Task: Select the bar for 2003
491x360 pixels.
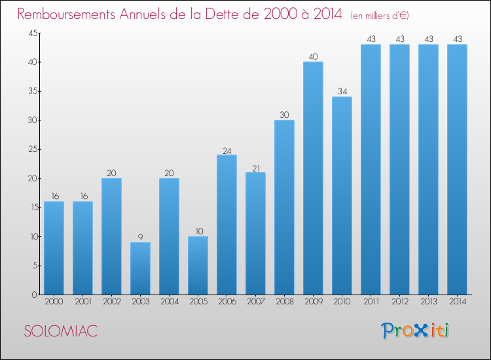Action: (140, 268)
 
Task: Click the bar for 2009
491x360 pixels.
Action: (313, 178)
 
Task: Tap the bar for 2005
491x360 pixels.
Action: (198, 265)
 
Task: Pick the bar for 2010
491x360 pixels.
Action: (342, 196)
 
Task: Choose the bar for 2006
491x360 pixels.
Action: (227, 225)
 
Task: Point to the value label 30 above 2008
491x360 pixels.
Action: (284, 115)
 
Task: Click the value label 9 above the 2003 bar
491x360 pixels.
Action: (140, 237)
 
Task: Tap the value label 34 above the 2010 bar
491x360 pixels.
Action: (342, 91)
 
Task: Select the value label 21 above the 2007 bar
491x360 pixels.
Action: (255, 167)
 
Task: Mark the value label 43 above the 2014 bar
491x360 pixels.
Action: (457, 39)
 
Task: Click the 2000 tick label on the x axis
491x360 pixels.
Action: (54, 303)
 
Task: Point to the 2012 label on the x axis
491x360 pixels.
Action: (399, 303)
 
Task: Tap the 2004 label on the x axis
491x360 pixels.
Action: (169, 303)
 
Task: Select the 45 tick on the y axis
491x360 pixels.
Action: (32, 33)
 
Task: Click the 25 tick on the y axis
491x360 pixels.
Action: (32, 150)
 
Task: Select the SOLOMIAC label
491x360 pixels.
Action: (60, 331)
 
